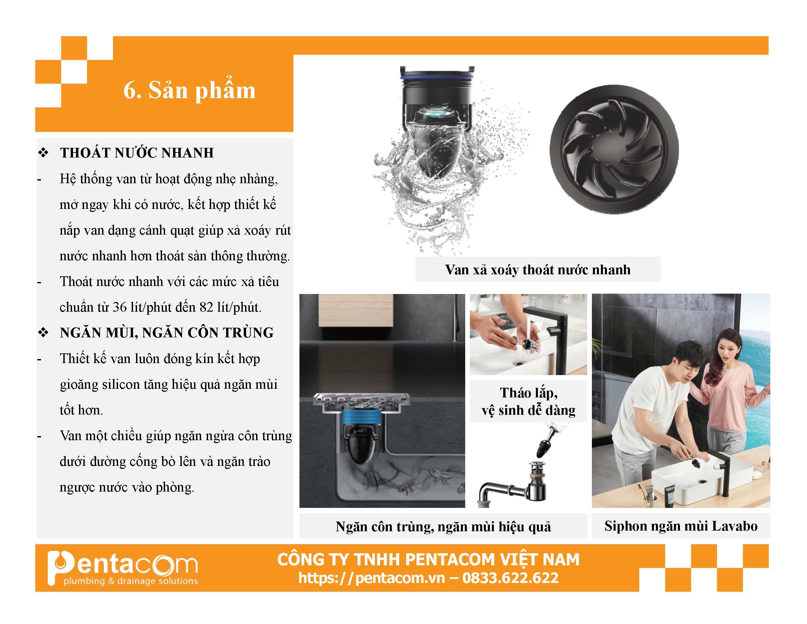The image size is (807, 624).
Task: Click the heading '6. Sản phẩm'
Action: click(189, 90)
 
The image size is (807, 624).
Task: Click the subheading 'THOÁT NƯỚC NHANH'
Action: click(137, 153)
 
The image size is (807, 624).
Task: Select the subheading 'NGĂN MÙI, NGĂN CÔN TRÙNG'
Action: click(167, 333)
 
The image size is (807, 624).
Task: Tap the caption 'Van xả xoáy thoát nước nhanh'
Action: click(538, 270)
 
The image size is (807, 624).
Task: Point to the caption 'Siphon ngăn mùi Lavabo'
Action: click(681, 526)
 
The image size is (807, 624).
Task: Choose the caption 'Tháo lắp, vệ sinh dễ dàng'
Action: click(529, 401)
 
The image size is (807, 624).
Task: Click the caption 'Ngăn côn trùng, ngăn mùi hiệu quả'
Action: click(443, 527)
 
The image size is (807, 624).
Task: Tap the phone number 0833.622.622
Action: click(510, 578)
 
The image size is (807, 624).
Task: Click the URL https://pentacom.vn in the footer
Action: click(371, 578)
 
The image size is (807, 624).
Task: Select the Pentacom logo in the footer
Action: click(123, 569)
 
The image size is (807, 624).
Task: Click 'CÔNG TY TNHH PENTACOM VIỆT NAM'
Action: click(428, 559)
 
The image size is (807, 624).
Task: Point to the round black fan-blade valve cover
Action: click(614, 149)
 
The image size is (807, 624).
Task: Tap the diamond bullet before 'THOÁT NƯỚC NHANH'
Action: click(43, 153)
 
